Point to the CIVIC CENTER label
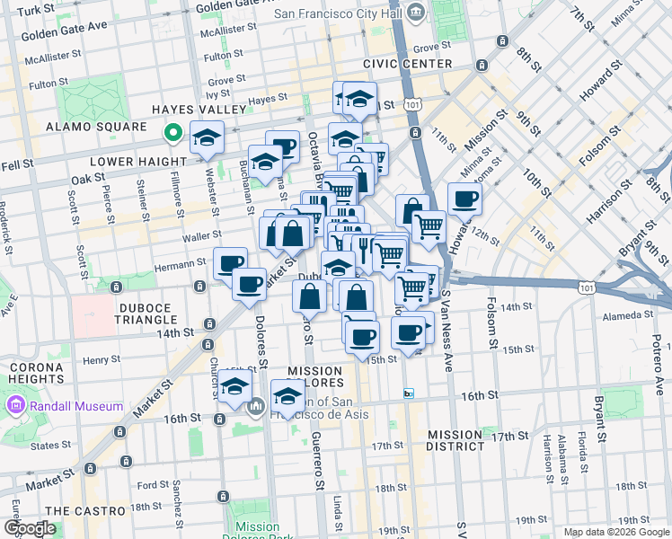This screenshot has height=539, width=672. tap(408, 65)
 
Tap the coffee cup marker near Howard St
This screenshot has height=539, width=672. tap(464, 199)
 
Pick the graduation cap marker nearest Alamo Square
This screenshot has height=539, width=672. tap(207, 138)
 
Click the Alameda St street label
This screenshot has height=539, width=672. tap(628, 315)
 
